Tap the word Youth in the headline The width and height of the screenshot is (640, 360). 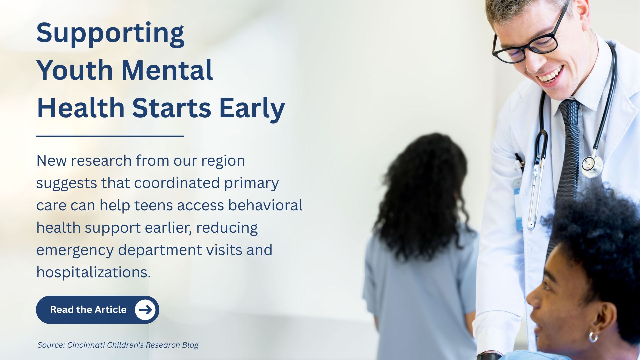tap(75, 70)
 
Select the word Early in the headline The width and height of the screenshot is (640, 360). tap(252, 109)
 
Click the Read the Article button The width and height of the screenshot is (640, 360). tap(97, 310)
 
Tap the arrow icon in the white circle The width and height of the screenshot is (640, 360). tap(145, 310)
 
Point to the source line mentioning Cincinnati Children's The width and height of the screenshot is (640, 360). tap(118, 345)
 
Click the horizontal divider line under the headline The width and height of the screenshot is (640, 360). tap(110, 136)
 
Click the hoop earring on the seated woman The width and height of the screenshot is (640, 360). tap(593, 337)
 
